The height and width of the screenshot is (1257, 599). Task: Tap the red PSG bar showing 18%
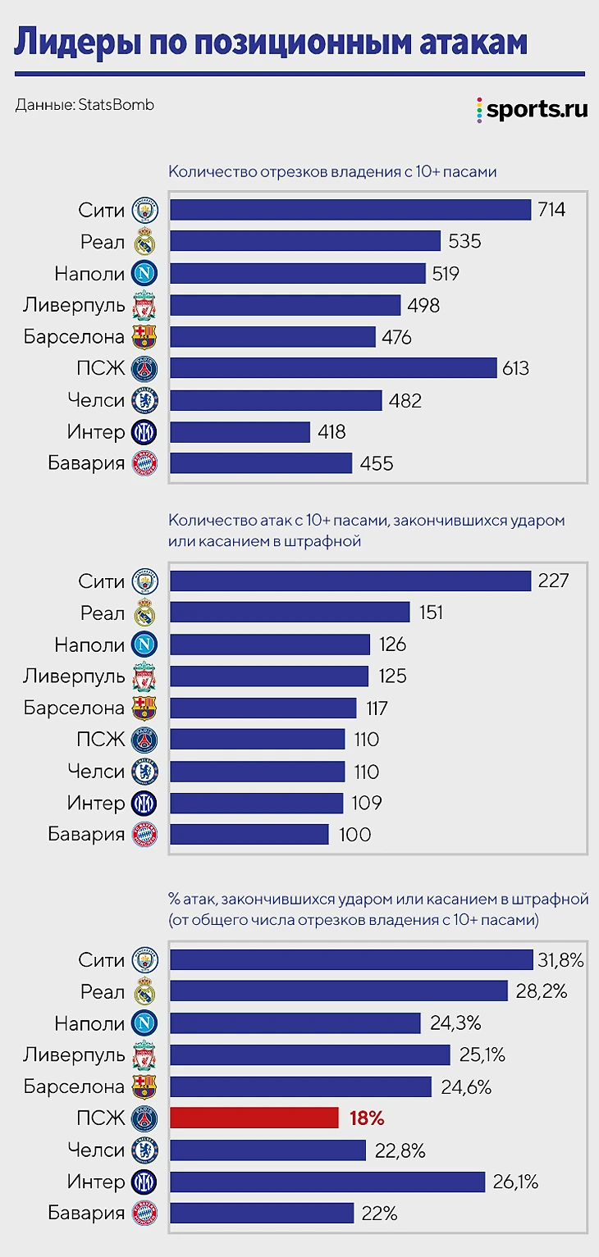[254, 1118]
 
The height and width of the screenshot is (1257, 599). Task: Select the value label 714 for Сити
[551, 210]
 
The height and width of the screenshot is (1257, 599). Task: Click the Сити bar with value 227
[350, 581]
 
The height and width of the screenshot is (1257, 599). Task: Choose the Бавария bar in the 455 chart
[261, 463]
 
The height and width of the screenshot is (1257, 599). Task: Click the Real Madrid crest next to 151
[144, 613]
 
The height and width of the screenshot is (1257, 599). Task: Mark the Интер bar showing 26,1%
[327, 1182]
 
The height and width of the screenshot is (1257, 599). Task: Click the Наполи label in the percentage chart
[89, 1022]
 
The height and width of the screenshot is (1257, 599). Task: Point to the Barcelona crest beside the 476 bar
[144, 337]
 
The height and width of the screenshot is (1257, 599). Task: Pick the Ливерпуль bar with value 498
[285, 305]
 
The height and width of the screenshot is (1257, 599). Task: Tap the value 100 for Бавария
[354, 835]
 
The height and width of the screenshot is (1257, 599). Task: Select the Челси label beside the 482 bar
[96, 400]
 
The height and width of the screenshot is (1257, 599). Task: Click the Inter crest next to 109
[144, 804]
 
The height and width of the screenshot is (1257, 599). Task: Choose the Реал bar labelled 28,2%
[339, 991]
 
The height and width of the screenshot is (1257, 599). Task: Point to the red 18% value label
[367, 1118]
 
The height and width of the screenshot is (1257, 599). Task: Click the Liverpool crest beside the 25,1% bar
[144, 1054]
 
